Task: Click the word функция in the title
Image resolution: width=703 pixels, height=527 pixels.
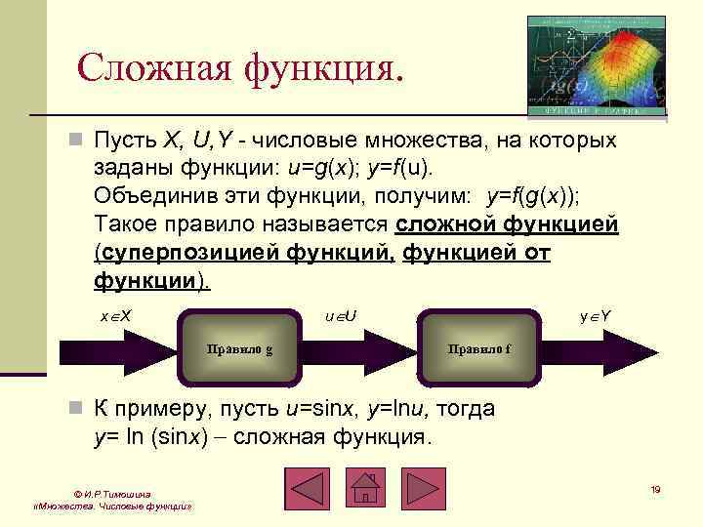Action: (313, 67)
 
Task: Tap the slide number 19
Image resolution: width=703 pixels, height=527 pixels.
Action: (655, 489)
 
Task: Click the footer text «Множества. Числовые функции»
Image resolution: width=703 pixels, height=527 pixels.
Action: (110, 508)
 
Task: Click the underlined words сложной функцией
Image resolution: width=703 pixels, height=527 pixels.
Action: (507, 225)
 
